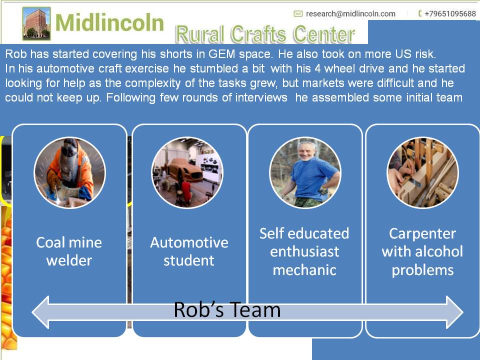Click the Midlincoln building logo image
pos(36,23)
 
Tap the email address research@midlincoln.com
pos(350,14)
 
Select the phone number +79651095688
pos(450,14)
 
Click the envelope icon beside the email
pos(298,14)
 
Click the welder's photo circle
pos(69,172)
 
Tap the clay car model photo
pos(187,172)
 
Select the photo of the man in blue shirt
pos(305,172)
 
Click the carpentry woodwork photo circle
pos(423,172)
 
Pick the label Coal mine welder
pos(69,251)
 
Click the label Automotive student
pos(189,251)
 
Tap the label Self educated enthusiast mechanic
pos(304,251)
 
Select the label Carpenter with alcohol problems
pos(422,251)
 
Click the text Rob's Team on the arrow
pos(227,309)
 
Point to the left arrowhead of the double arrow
pos(40,312)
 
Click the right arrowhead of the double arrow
pos(455,312)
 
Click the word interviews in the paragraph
pos(261,97)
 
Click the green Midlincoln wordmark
pos(109,22)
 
